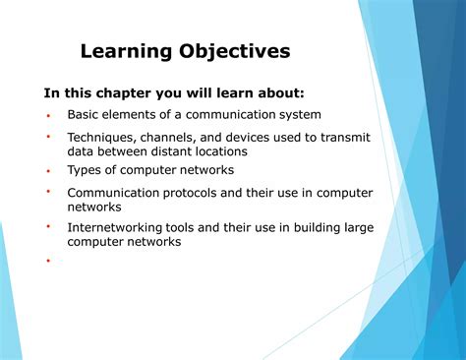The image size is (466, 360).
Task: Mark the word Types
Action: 85,171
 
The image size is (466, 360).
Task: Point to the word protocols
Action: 193,194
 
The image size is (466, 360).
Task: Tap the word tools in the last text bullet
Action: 183,228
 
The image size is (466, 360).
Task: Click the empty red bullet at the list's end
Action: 47,262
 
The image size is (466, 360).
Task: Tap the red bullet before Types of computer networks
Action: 47,169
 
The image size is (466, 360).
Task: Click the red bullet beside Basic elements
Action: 47,115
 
